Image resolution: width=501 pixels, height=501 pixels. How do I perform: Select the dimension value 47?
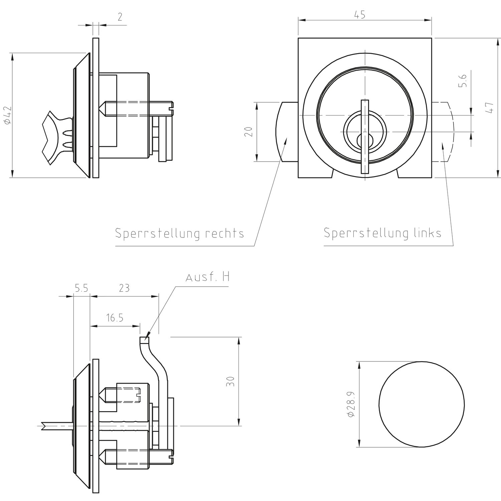click(490, 108)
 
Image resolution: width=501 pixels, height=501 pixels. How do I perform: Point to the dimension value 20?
click(248, 132)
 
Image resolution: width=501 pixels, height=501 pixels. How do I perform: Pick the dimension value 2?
click(120, 17)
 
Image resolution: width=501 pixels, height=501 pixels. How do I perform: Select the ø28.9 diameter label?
click(351, 404)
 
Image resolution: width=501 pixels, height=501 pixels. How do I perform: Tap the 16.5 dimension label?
click(115, 318)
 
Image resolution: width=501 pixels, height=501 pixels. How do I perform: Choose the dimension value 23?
click(124, 288)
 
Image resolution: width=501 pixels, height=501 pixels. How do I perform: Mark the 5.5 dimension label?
click(81, 288)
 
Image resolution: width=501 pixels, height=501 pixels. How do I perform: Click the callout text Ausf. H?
click(207, 278)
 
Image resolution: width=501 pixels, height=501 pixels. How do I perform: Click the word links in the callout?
click(426, 233)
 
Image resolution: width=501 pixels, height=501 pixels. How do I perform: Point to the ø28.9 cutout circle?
click(422, 404)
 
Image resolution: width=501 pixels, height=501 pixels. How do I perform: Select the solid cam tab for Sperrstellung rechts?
click(287, 132)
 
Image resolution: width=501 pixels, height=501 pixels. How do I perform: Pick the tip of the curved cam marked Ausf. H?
click(144, 340)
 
